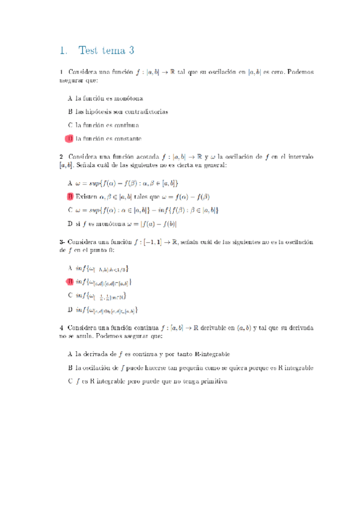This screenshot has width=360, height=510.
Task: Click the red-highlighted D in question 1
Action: (70, 139)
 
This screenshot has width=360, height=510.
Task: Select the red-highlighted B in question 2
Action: (70, 197)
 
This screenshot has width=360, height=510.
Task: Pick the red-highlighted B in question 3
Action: (70, 281)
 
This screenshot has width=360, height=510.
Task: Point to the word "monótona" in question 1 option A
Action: (126, 97)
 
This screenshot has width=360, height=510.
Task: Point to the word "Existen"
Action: (87, 197)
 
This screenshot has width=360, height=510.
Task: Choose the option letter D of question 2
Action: (70, 224)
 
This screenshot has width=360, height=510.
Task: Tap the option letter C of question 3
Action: (70, 295)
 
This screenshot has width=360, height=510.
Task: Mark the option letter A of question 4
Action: (70, 354)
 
